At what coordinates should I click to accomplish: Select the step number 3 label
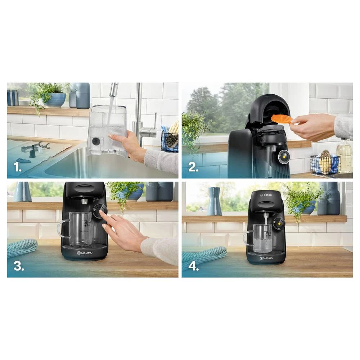[x=19, y=266]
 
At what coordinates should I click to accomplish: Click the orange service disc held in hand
[x=282, y=119]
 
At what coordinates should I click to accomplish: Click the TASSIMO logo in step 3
[x=84, y=253]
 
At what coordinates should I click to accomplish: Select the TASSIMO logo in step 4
[x=266, y=258]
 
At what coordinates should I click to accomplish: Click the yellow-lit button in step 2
[x=283, y=157]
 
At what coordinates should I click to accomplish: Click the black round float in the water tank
[x=96, y=141]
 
